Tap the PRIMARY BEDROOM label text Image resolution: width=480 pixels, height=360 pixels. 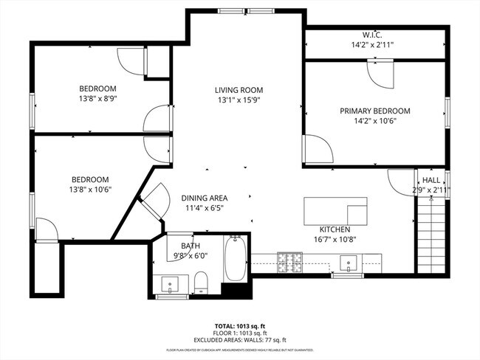tap(374, 111)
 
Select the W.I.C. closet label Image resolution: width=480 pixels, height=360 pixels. tap(371, 34)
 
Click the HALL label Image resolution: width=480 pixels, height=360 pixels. tap(431, 180)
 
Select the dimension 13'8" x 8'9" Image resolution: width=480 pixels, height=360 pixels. tap(100, 97)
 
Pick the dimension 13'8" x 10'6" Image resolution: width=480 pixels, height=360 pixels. tap(90, 190)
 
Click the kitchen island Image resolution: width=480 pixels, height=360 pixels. tap(335, 210)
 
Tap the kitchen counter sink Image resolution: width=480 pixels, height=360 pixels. tap(347, 262)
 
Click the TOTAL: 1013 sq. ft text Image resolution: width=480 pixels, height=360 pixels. tap(239, 325)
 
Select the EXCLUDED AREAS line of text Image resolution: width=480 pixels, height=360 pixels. tap(240, 339)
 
